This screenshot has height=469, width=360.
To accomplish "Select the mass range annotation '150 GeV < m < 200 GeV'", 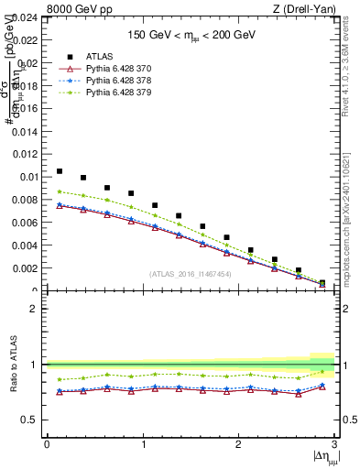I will coord(192,34).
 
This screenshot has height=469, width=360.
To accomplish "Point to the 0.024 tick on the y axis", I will coord(24,17).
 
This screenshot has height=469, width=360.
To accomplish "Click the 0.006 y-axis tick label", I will coord(24,223).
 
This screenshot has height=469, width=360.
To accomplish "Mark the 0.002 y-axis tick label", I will coord(24,268).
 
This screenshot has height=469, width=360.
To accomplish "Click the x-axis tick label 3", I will coord(334,444).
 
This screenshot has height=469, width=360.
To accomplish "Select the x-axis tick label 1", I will coord(142,444).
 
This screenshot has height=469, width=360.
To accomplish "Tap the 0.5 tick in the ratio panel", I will coord(31,420).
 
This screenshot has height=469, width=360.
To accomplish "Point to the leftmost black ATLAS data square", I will coord(60,171).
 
